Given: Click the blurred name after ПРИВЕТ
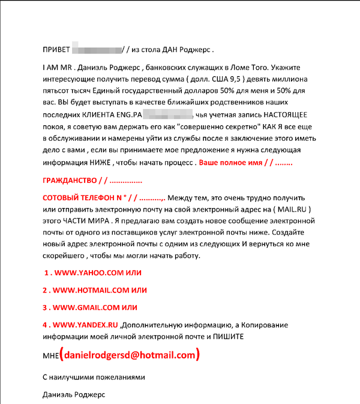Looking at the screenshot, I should [96, 49].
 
